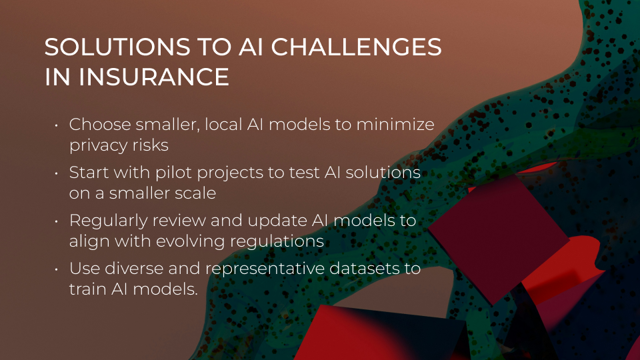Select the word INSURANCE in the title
pyautogui.click(x=154, y=77)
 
